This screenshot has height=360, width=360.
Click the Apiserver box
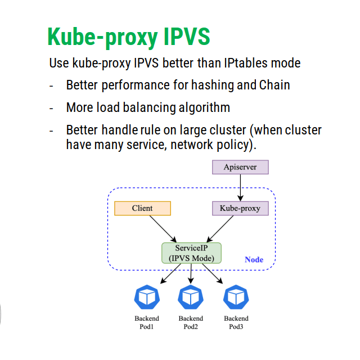(x=240, y=167)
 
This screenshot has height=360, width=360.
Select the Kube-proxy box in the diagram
(x=240, y=208)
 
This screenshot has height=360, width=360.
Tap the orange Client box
(x=142, y=208)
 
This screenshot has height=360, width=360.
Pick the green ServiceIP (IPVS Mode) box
(x=191, y=253)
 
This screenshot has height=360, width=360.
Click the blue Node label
(x=254, y=259)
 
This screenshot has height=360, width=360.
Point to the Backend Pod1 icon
(x=147, y=297)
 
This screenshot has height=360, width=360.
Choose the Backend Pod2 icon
(x=191, y=297)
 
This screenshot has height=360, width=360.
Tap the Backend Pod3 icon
(x=236, y=297)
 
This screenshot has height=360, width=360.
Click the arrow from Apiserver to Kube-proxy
(x=240, y=188)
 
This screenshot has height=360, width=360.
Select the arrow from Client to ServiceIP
(x=163, y=229)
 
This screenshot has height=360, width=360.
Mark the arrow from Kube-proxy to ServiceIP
(x=220, y=229)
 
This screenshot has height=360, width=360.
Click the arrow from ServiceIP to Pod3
(x=213, y=274)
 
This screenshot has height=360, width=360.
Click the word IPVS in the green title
(x=187, y=36)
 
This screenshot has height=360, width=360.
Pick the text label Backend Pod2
(x=191, y=322)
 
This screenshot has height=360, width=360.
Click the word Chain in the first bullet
(x=274, y=85)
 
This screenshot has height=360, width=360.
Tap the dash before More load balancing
(x=51, y=108)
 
